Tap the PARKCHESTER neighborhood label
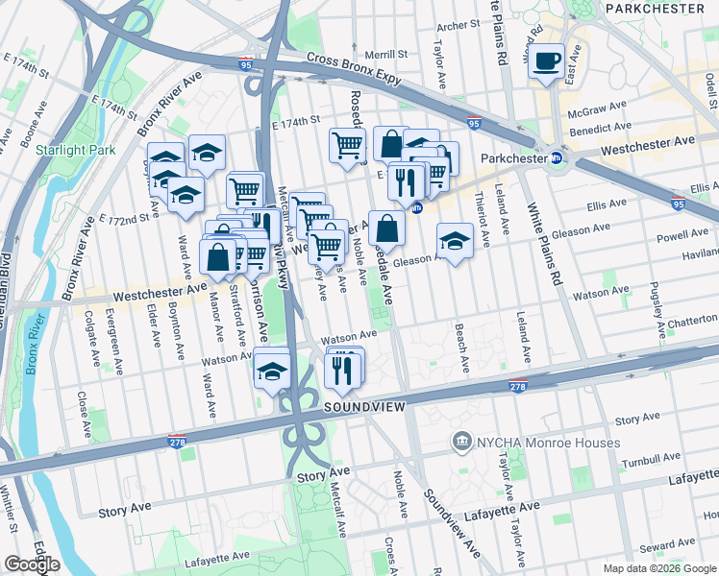(662, 8)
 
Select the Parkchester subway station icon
(556, 158)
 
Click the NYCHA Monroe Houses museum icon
(463, 443)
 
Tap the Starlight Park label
(75, 150)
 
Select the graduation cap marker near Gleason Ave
(455, 240)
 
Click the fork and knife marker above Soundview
(343, 369)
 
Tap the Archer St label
(458, 25)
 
